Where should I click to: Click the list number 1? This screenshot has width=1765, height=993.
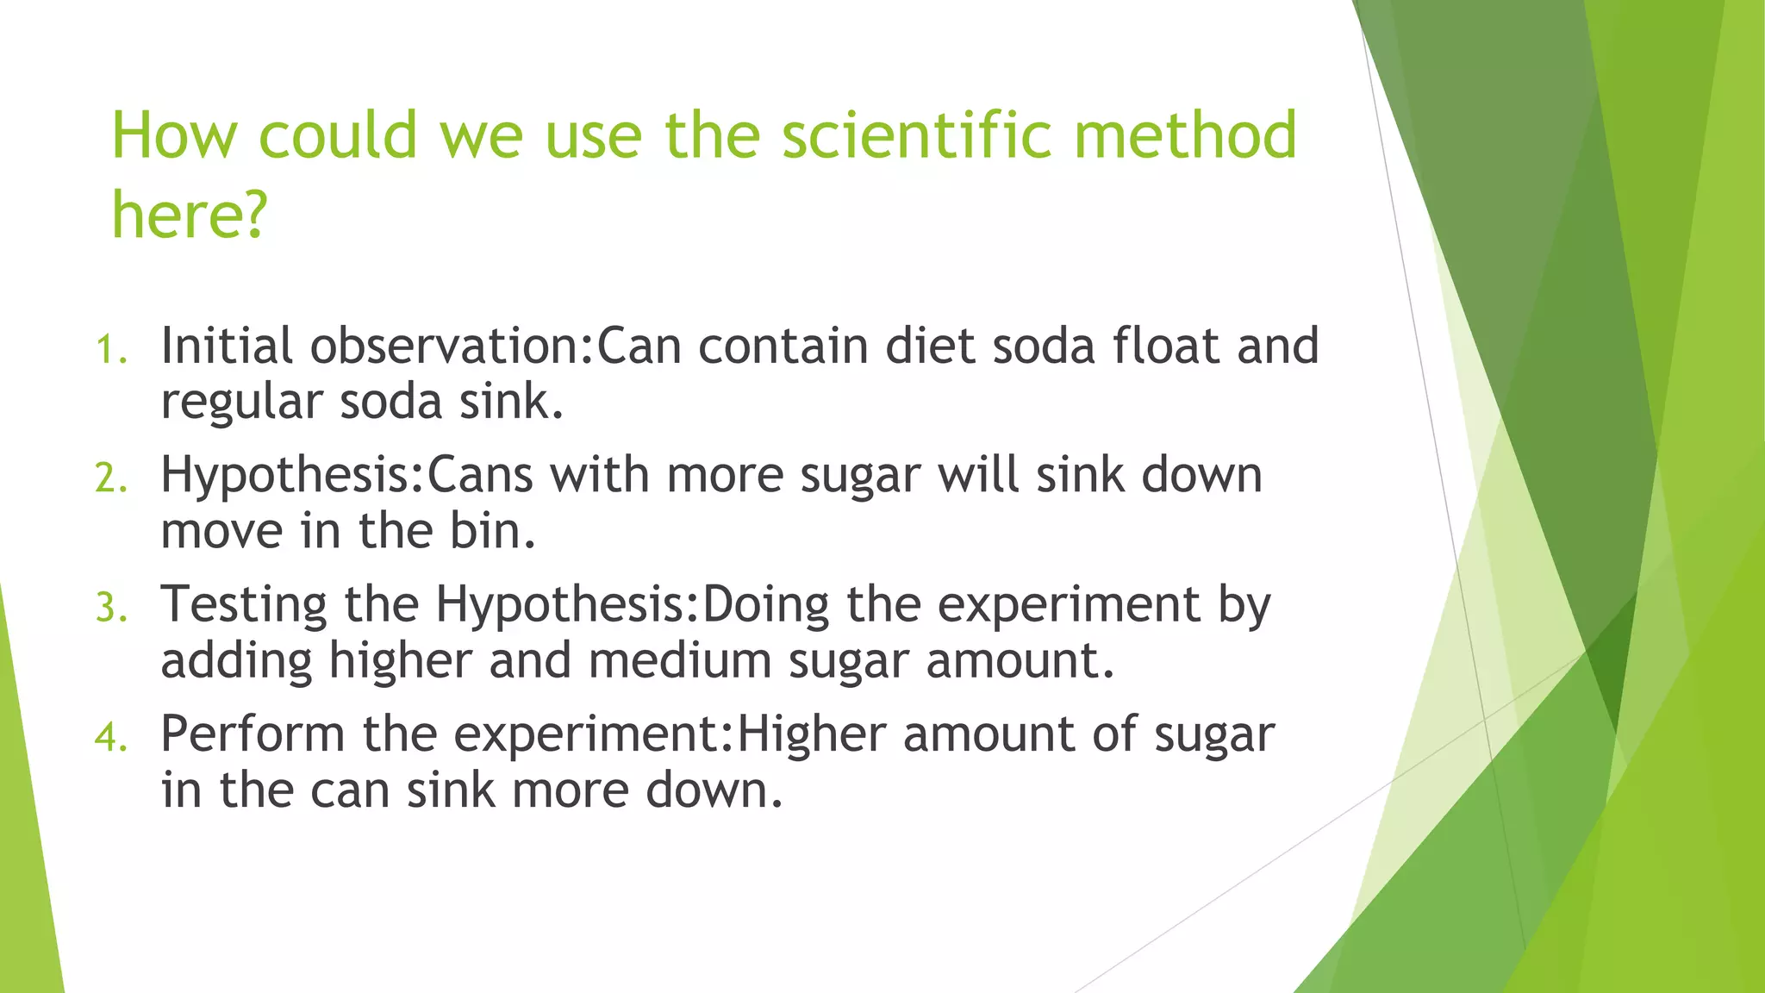coord(110,350)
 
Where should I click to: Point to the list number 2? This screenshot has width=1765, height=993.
coord(110,478)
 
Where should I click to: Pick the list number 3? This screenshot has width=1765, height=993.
coord(110,608)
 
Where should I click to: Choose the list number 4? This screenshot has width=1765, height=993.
coord(110,737)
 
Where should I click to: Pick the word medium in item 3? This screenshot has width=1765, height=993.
coord(680,661)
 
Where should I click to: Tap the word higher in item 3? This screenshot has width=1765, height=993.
coord(401,661)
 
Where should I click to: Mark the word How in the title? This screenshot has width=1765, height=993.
coord(174,135)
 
